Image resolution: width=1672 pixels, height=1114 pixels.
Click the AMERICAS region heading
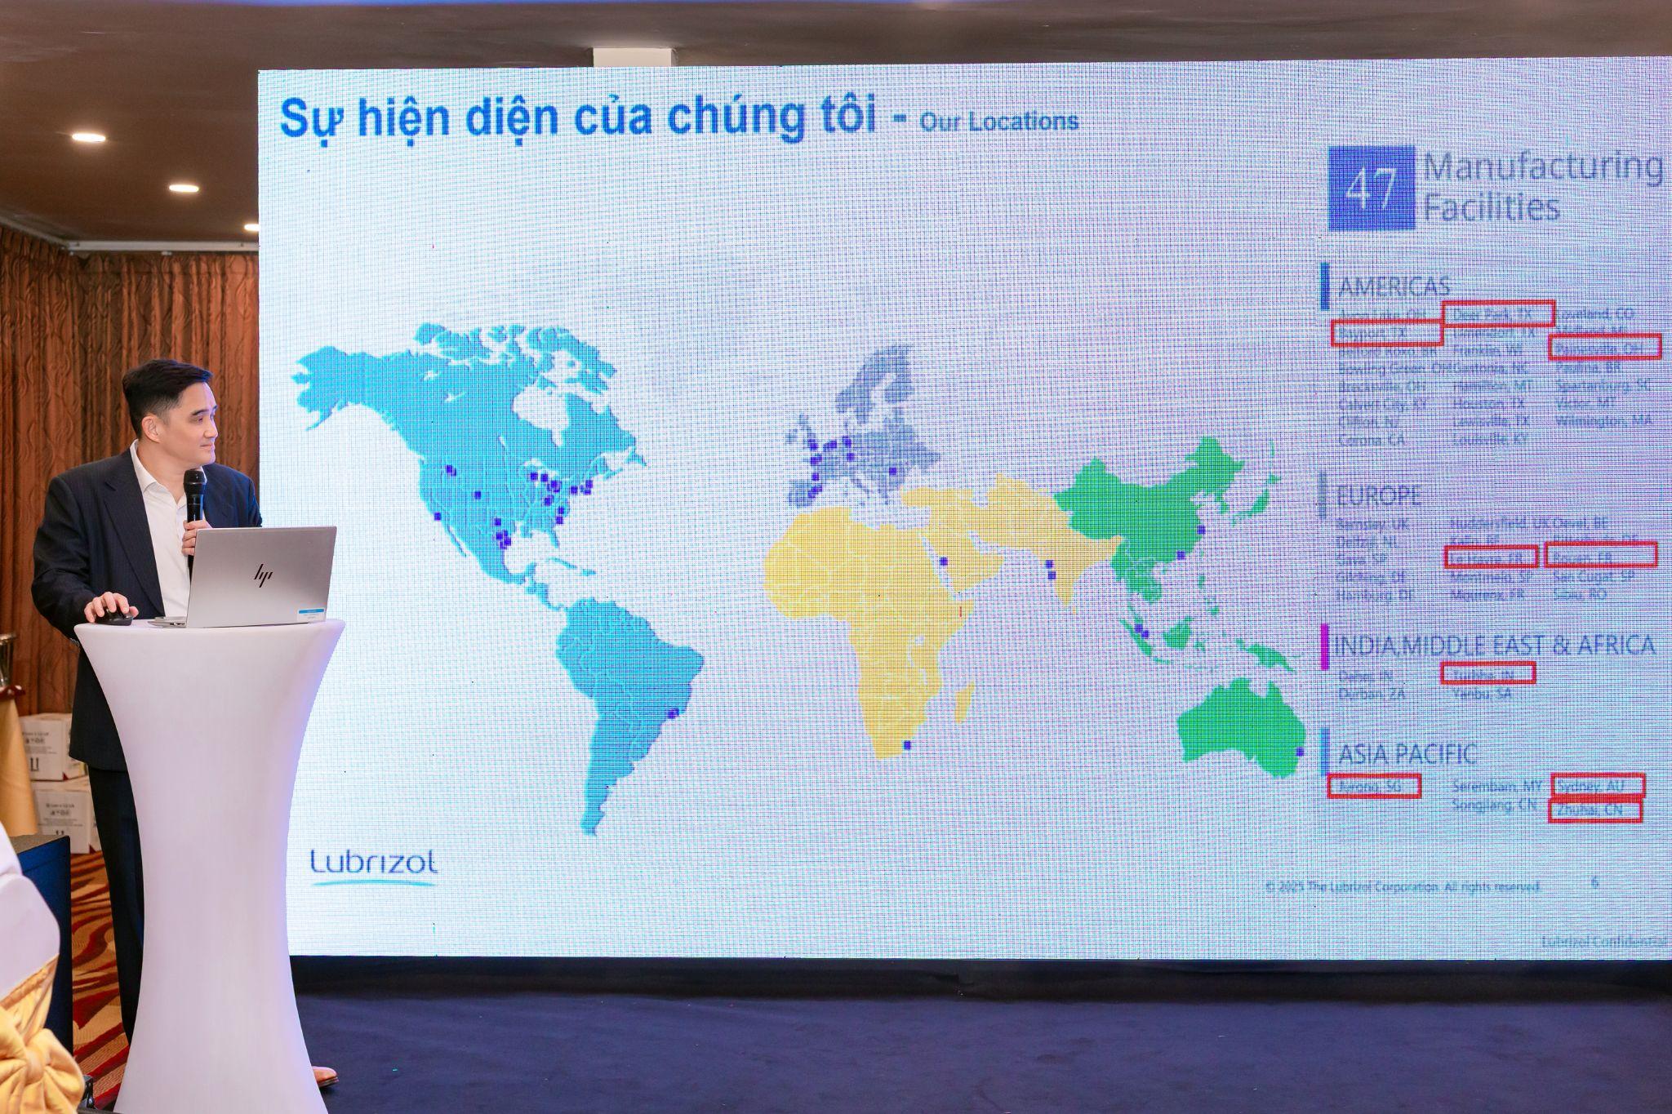point(1394,286)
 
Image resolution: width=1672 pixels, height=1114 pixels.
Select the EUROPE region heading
point(1379,495)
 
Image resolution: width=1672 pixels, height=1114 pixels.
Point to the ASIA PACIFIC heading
point(1407,752)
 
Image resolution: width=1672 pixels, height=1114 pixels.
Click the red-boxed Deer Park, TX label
point(1486,313)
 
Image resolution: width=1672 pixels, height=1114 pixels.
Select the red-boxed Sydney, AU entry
point(1598,785)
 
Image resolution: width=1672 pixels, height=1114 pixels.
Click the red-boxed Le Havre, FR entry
point(1490,557)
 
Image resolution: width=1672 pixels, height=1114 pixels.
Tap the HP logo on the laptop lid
point(261,575)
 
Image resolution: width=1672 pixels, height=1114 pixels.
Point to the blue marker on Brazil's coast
point(674,713)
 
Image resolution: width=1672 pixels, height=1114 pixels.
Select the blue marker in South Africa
point(905,744)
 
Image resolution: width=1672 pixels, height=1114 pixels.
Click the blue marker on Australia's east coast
point(1300,751)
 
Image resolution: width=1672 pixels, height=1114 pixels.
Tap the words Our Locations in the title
point(998,122)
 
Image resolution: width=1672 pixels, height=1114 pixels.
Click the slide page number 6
point(1595,881)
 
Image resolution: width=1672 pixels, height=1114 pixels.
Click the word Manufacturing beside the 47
point(1543,166)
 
